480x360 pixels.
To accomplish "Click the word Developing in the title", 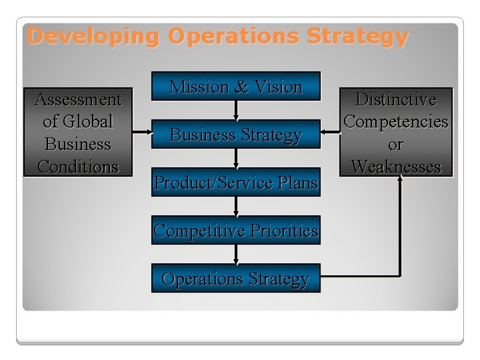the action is (93, 36).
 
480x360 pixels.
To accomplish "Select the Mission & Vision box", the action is (236, 87).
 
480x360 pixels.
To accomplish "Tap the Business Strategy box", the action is (236, 135).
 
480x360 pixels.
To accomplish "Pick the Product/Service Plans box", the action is (236, 183).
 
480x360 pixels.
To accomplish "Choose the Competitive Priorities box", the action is (236, 231).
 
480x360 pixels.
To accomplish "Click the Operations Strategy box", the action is (236, 279).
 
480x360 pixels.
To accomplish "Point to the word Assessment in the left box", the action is (78, 100).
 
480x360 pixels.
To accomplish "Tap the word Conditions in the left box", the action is (78, 166).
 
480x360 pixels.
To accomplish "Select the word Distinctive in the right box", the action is (396, 100).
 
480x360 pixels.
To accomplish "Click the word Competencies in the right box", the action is (396, 122).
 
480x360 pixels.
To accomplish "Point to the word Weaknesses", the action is (396, 166).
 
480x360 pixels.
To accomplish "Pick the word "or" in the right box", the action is (396, 144).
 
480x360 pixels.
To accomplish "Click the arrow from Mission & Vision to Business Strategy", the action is (236, 110).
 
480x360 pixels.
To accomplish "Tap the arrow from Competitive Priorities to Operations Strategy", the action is (236, 255).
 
